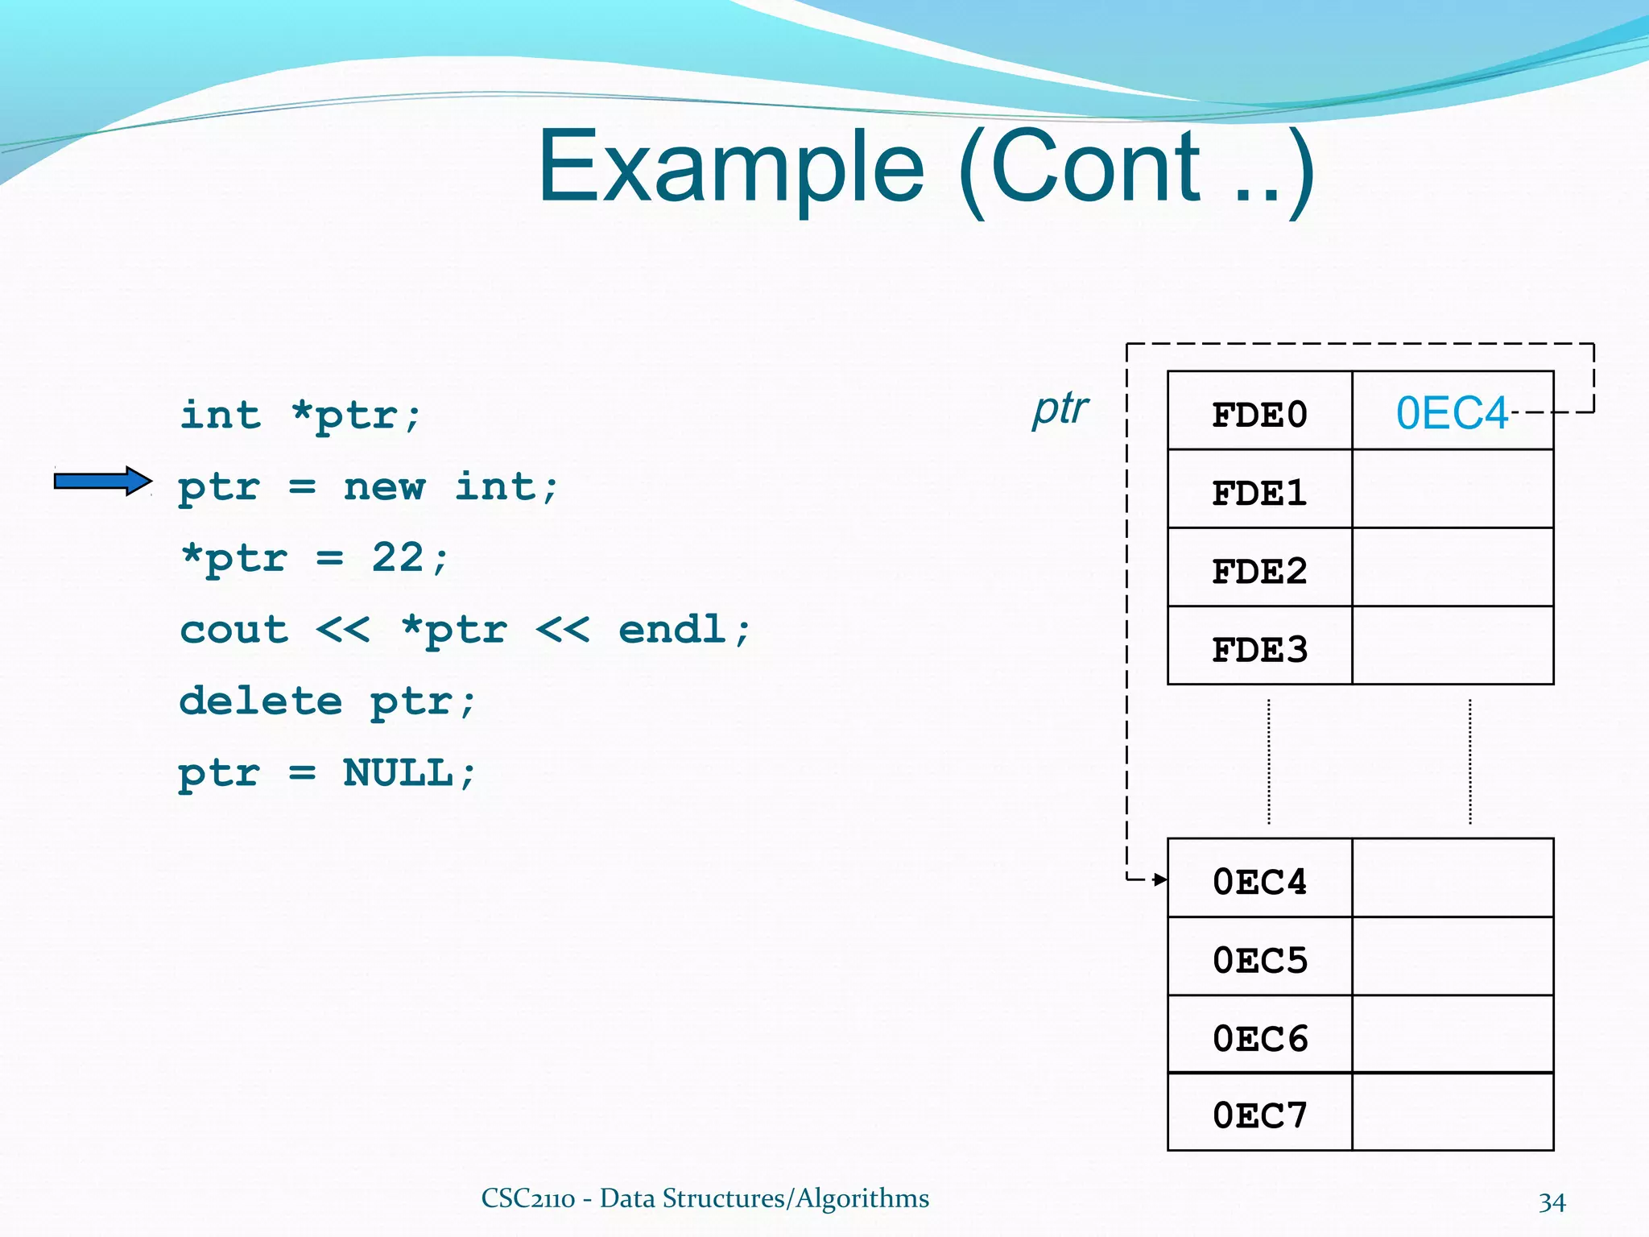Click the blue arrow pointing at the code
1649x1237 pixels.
point(102,482)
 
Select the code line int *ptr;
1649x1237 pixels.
point(300,416)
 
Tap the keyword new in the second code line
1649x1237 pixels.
point(384,487)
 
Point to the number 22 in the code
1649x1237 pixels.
point(397,557)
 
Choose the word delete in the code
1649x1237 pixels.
point(260,701)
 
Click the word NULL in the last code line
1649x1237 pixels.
point(398,772)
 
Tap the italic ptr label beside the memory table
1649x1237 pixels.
point(1060,408)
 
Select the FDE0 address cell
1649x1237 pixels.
point(1259,415)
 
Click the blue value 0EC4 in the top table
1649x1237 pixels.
point(1451,414)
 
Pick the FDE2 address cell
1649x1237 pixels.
point(1259,571)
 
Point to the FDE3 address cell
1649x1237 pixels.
point(1259,649)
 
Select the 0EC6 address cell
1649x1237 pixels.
point(1259,1038)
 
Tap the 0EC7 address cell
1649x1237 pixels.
point(1259,1115)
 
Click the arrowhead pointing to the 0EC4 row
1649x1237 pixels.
point(1159,879)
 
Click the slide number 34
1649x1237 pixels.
point(1552,1202)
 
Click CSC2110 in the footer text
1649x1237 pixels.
point(527,1198)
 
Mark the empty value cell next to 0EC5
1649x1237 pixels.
point(1452,958)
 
